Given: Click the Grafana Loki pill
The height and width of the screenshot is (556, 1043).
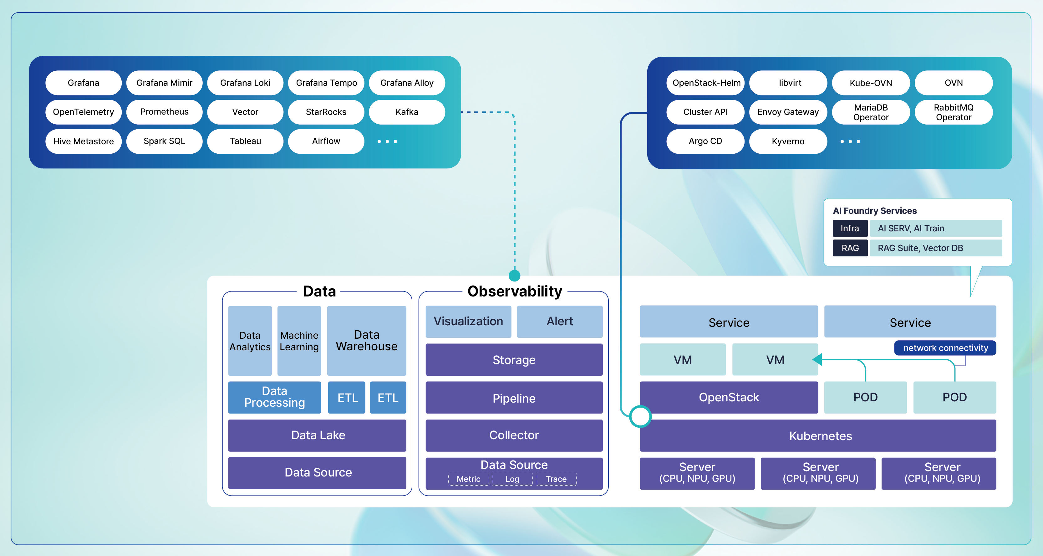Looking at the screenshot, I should tap(245, 83).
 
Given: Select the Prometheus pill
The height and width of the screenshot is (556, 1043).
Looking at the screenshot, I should tap(164, 112).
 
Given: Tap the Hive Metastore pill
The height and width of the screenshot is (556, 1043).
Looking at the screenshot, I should tap(84, 141).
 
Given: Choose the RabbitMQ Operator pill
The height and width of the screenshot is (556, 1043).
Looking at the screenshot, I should tap(953, 112).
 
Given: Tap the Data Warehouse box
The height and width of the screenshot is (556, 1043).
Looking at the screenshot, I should tap(366, 340).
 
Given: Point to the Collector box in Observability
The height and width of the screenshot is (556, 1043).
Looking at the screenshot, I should tap(513, 435).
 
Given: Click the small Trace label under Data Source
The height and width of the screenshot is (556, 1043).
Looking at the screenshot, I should tap(556, 479).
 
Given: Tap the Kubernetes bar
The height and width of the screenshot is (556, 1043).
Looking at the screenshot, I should tap(820, 436).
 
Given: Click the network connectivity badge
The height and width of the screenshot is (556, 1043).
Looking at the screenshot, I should tap(945, 348).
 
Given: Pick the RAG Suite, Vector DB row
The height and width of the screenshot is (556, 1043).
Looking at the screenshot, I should tap(935, 248).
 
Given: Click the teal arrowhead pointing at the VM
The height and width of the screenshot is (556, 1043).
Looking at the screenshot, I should tap(817, 359).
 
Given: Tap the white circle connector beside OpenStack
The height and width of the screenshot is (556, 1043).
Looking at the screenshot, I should tap(640, 416).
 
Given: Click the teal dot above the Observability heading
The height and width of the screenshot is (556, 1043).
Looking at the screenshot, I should tap(514, 275).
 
